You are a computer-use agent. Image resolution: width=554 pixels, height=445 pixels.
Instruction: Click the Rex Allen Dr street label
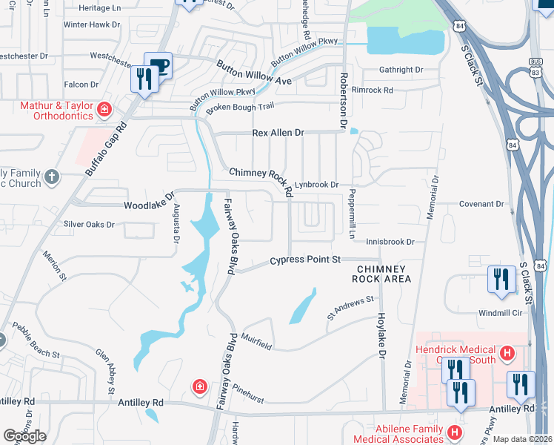278,133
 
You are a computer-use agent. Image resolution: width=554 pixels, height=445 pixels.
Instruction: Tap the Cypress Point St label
304,260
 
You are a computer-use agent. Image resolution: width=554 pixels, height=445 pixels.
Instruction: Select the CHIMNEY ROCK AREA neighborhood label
383,274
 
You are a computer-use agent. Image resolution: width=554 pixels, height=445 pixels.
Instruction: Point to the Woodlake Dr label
147,204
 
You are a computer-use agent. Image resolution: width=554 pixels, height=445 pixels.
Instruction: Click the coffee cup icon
158,65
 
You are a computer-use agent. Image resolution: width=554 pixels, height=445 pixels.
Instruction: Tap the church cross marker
50,177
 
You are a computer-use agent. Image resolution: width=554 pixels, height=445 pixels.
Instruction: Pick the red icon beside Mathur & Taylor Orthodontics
104,111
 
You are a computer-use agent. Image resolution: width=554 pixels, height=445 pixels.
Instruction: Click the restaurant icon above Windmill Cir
501,280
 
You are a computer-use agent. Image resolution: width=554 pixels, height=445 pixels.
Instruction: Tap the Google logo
24,436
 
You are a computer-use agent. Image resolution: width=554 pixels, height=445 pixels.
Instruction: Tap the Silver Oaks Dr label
89,224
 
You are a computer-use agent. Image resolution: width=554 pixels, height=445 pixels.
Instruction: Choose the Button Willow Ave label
254,73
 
